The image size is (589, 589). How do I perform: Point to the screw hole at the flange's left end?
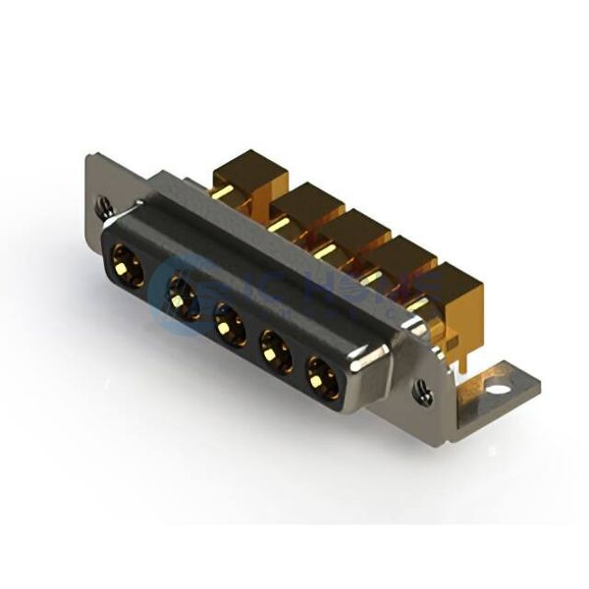(104, 206)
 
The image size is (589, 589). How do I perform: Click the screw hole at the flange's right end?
(423, 394)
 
